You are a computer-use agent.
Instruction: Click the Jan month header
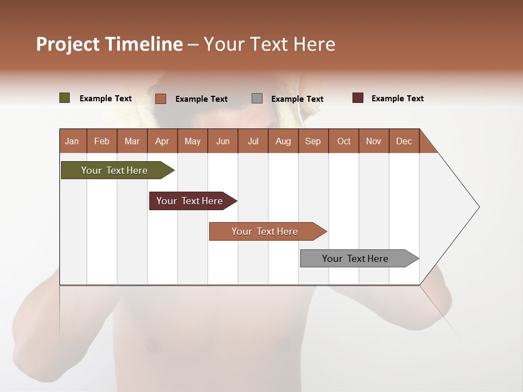[x=72, y=141]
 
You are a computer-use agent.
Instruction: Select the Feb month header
[x=102, y=141]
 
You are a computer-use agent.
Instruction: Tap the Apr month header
[x=162, y=141]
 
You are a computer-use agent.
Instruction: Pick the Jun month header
[x=223, y=141]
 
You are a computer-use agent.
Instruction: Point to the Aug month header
[x=283, y=141]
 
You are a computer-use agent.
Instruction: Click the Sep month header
[x=313, y=141]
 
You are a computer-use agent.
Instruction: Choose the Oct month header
[x=344, y=141]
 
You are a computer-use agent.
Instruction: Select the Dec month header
[x=404, y=141]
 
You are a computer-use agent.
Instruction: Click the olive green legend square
[x=65, y=98]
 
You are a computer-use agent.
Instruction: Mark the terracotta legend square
[x=161, y=99]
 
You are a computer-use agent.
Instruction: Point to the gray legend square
[x=257, y=98]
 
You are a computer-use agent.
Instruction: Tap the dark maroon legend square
[x=358, y=98]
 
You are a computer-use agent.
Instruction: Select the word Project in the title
[x=68, y=44]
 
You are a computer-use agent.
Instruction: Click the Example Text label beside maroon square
[x=397, y=99]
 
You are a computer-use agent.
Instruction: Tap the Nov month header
[x=374, y=141]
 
